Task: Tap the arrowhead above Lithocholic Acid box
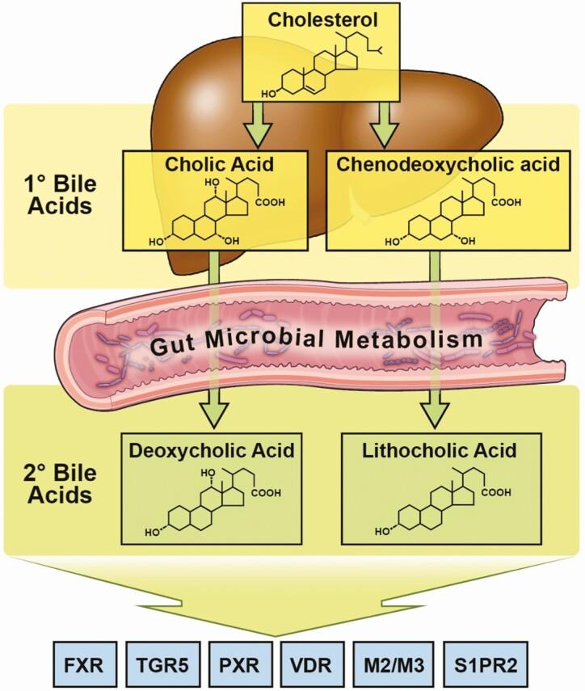pos(434,414)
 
